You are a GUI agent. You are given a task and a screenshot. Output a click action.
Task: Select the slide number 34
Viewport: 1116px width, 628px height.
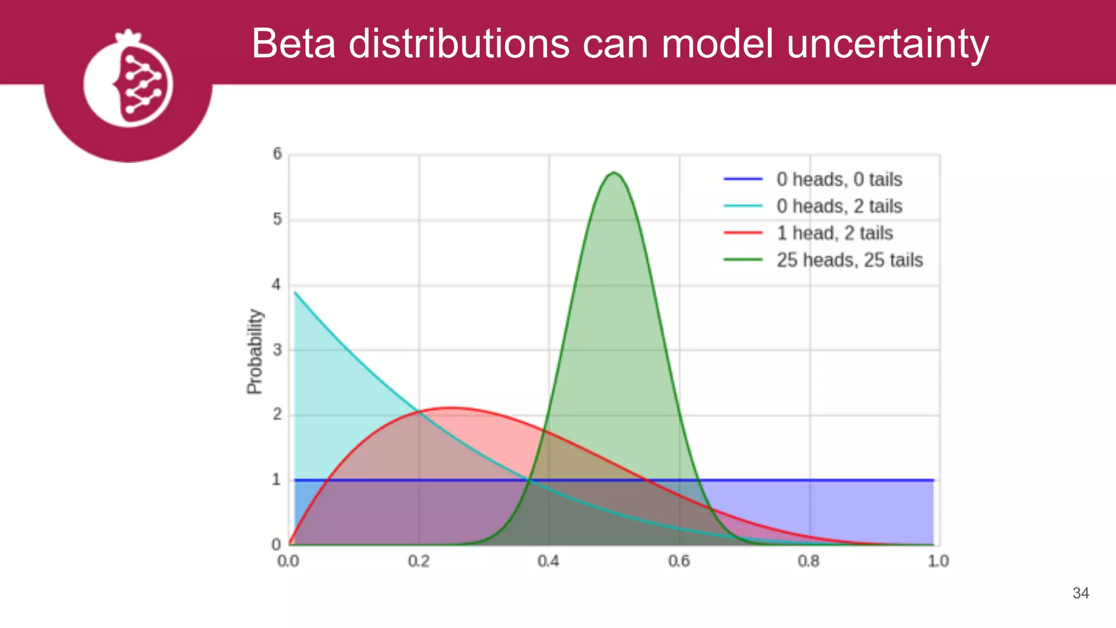1081,593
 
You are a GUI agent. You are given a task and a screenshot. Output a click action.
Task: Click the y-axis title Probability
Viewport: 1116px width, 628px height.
254,351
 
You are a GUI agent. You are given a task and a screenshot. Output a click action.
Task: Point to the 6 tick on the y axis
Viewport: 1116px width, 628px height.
277,154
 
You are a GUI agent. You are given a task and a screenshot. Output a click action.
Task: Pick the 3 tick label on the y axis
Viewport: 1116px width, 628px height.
277,350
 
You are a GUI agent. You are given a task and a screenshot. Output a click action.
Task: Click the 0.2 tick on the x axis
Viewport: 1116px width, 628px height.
418,561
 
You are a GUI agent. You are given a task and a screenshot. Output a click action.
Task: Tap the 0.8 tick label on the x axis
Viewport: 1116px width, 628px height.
809,561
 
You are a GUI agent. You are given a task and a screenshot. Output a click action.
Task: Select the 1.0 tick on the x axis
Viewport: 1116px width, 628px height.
938,561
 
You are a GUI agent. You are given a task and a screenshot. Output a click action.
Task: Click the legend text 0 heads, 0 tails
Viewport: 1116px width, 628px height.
839,179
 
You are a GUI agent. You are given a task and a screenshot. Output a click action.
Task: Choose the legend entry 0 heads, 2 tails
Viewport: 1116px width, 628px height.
839,206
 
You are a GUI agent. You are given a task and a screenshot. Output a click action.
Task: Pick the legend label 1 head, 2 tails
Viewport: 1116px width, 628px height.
835,233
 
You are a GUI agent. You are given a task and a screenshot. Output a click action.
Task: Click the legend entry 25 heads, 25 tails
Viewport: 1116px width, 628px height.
850,260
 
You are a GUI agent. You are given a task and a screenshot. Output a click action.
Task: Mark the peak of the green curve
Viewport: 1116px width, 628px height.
614,173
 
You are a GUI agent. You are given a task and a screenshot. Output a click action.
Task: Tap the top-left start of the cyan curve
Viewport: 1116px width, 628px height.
295,293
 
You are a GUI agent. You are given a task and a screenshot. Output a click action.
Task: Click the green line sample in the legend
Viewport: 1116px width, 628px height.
743,260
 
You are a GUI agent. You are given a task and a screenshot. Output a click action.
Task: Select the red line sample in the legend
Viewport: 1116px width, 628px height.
743,233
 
